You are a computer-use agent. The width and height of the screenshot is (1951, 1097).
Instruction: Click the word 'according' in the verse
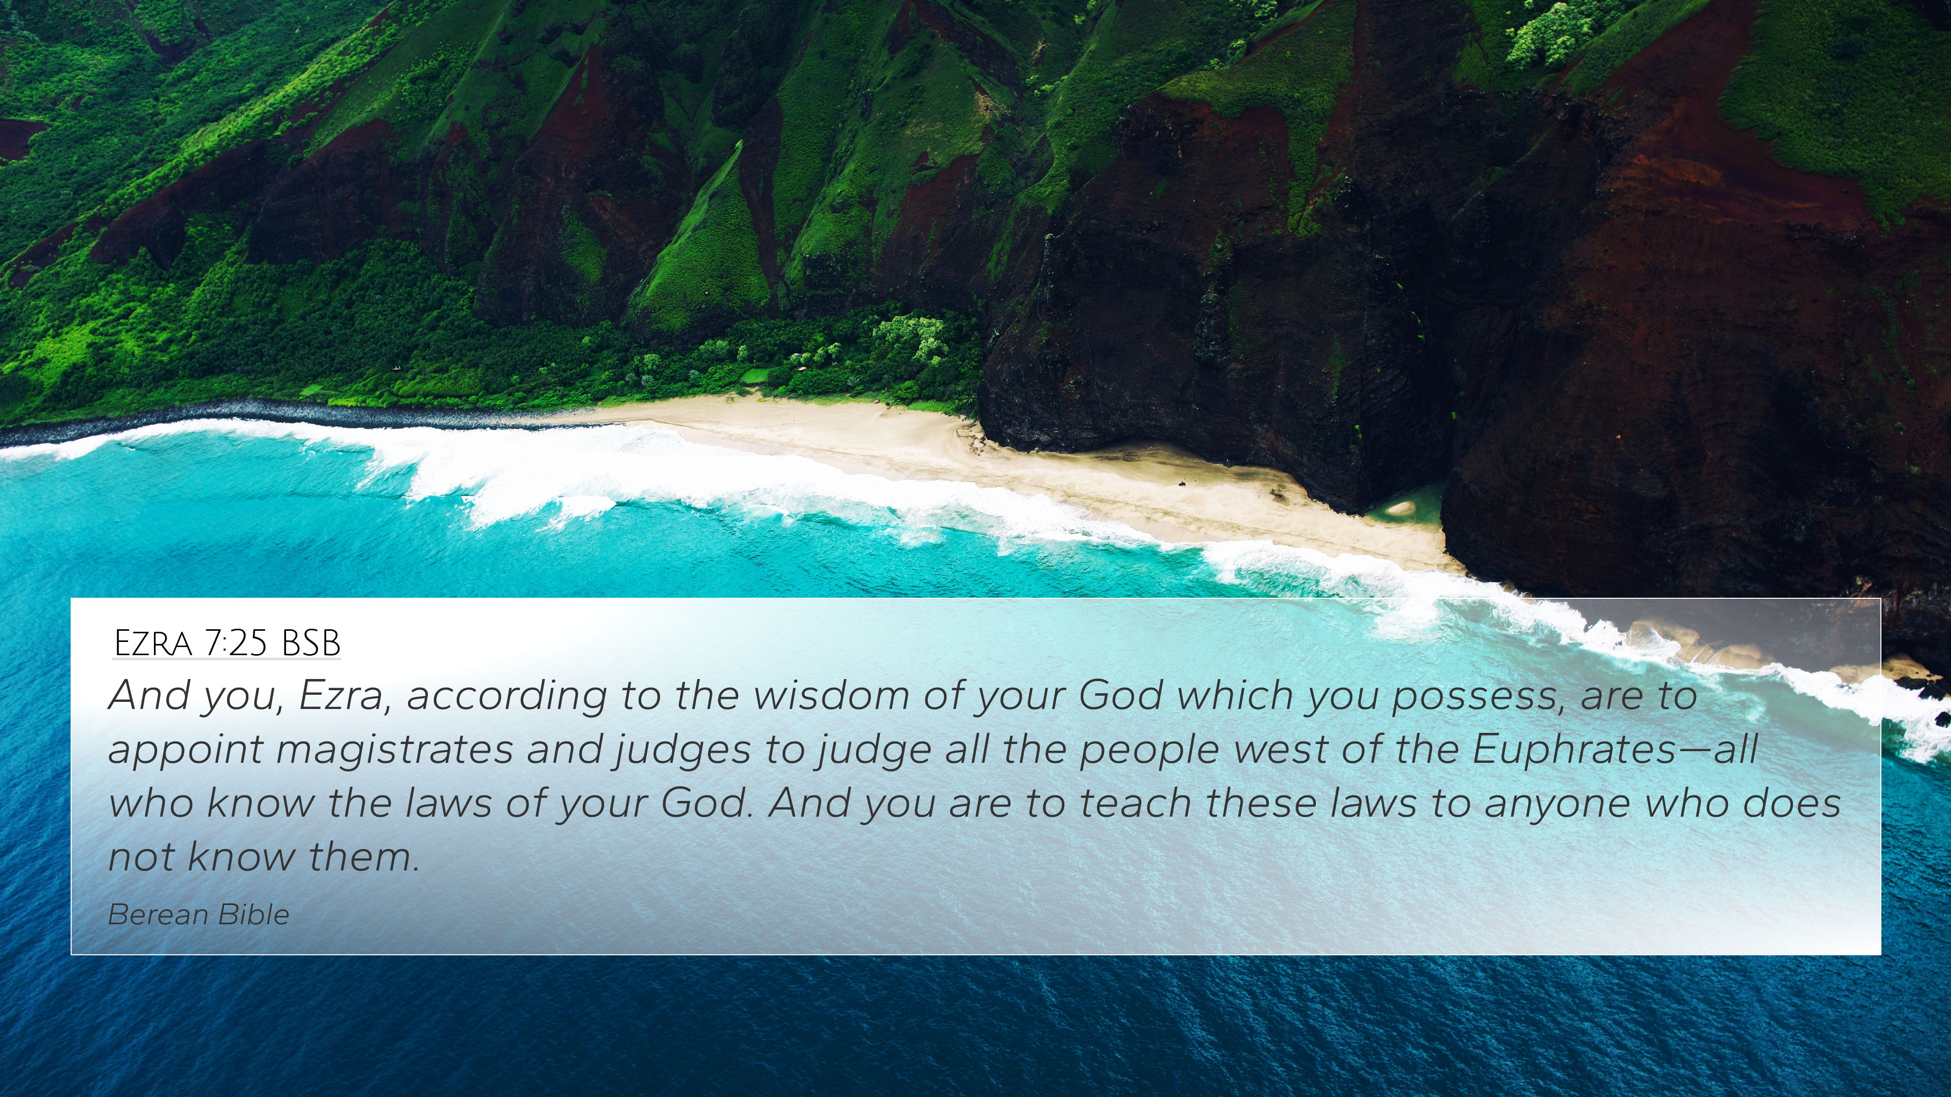[x=507, y=696]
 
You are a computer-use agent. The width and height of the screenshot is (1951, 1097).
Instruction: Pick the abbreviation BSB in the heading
[x=310, y=643]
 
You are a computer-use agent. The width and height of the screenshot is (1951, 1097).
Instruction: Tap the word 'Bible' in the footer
[x=254, y=915]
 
